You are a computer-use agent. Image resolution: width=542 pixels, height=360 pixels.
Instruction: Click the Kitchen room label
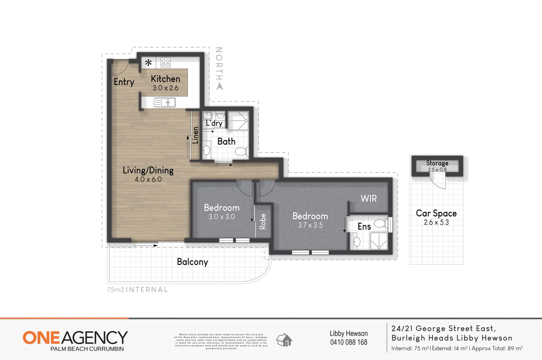point(165,79)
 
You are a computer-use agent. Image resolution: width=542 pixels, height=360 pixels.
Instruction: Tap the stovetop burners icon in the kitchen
point(165,63)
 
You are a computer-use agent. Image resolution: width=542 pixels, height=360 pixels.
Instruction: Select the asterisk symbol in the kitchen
point(149,63)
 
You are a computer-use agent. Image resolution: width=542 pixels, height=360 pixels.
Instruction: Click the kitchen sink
point(165,102)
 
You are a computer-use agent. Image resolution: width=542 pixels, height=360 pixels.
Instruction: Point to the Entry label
point(124,82)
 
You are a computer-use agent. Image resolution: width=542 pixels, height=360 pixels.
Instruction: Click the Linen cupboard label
point(195,135)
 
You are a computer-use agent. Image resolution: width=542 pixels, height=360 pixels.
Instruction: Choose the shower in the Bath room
point(238,121)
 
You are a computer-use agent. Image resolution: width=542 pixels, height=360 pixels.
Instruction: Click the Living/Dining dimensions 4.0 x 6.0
point(148,180)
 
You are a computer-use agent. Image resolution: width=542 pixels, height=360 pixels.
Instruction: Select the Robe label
point(263,221)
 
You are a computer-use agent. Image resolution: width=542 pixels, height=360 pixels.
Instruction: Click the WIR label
point(369,199)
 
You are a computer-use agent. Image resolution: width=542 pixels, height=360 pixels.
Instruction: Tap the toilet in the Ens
point(381,223)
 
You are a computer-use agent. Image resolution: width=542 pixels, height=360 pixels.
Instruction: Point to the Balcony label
point(192,262)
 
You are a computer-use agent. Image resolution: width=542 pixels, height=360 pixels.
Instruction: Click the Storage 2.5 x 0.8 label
point(437,166)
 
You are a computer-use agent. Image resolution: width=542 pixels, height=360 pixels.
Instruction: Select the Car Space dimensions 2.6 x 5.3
point(436,222)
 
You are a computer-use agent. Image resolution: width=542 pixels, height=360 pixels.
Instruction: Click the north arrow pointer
point(219,86)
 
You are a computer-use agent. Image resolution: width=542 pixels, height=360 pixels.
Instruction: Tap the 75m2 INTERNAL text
point(137,290)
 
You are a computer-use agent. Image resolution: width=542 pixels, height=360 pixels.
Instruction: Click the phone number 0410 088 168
point(349,342)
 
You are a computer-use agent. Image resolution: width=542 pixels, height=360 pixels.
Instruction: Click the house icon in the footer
point(284,340)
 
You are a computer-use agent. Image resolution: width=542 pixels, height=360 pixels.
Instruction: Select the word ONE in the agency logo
point(41,338)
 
